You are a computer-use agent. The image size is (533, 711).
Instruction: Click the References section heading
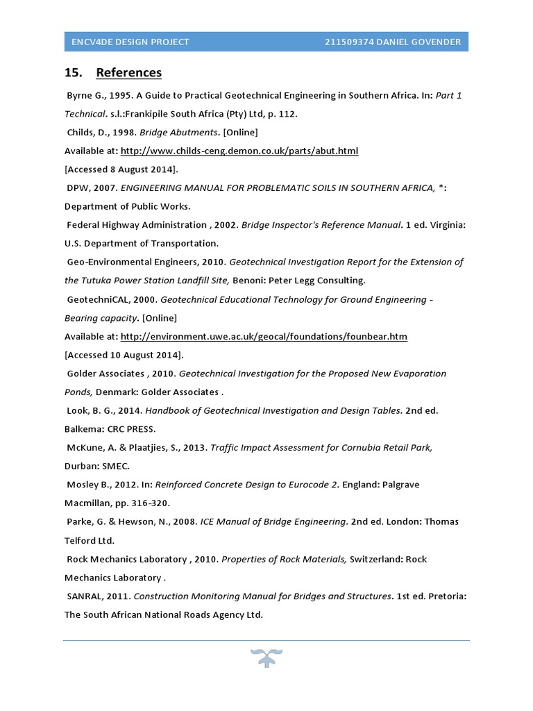pyautogui.click(x=128, y=73)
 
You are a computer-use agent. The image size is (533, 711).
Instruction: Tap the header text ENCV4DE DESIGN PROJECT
pyautogui.click(x=130, y=42)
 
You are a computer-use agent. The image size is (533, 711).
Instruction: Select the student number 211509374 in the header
pyautogui.click(x=353, y=42)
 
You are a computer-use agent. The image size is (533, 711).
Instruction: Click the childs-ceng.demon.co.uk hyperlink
pyautogui.click(x=239, y=151)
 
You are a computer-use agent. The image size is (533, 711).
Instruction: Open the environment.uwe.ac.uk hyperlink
pyautogui.click(x=264, y=337)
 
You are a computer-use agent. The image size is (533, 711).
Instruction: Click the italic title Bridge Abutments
pyautogui.click(x=191, y=132)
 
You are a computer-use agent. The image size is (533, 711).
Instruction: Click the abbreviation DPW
pyautogui.click(x=79, y=188)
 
